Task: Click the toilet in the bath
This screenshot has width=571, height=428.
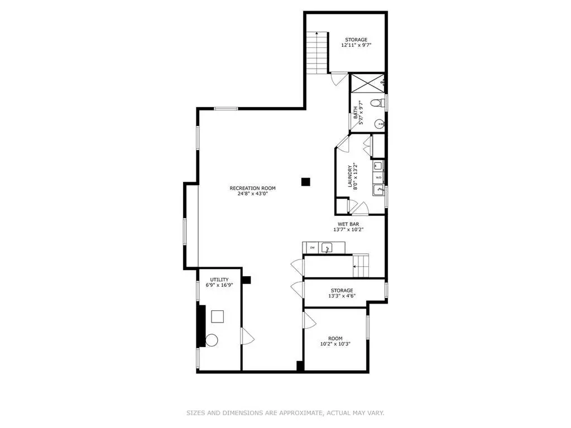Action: [x=377, y=103]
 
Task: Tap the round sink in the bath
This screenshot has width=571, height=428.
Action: [x=380, y=124]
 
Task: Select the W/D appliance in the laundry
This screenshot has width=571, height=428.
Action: [x=378, y=177]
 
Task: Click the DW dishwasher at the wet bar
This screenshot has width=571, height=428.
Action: [x=311, y=248]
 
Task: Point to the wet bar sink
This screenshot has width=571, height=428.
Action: [x=328, y=248]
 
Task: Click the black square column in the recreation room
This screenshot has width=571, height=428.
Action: [x=305, y=181]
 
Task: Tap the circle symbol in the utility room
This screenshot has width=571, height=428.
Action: [x=212, y=340]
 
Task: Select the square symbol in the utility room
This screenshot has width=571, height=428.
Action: [x=217, y=316]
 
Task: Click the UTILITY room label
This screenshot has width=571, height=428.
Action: [x=219, y=280]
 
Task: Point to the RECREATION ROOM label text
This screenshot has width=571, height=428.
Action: [x=252, y=188]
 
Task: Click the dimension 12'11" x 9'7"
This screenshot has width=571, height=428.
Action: [x=356, y=46]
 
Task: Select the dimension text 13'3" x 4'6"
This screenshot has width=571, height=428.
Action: [x=342, y=296]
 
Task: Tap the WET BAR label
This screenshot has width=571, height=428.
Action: [x=348, y=224]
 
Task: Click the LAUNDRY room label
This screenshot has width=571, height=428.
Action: [x=350, y=176]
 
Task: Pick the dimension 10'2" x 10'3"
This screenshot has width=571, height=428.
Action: [x=335, y=344]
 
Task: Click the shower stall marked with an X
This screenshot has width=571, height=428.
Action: [x=367, y=83]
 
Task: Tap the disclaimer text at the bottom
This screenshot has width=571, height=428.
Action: [x=285, y=413]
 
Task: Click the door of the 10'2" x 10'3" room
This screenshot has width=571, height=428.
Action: [x=310, y=320]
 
